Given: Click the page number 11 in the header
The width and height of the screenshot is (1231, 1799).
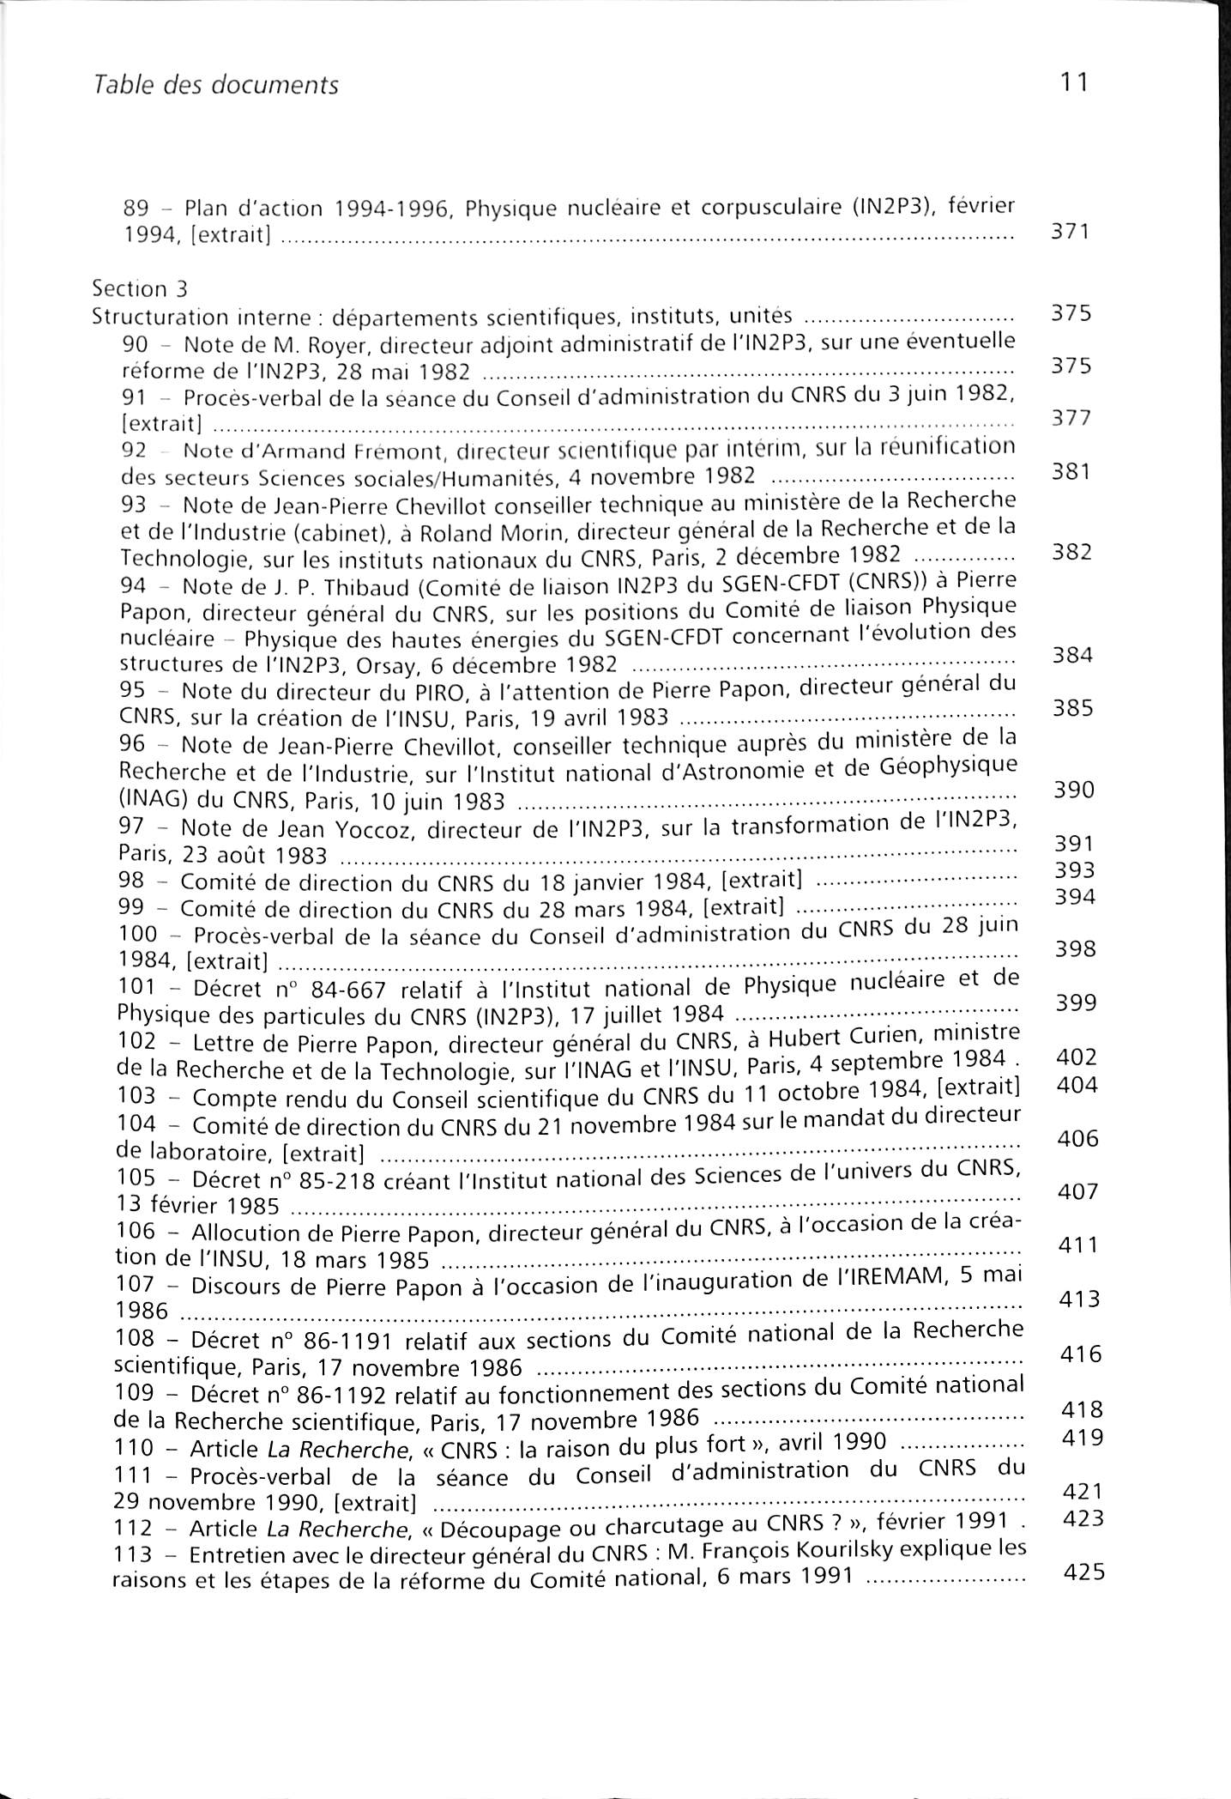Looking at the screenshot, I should click(1074, 82).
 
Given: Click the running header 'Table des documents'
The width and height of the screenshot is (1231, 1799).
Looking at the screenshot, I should click(214, 85).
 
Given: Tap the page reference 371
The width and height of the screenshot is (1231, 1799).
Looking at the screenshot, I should click(1070, 232).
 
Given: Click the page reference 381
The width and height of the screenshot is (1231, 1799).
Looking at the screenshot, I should click(1071, 471).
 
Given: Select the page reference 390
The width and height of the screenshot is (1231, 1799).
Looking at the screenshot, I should click(1074, 790).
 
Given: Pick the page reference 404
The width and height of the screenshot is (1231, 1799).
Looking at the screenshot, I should click(1077, 1086).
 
